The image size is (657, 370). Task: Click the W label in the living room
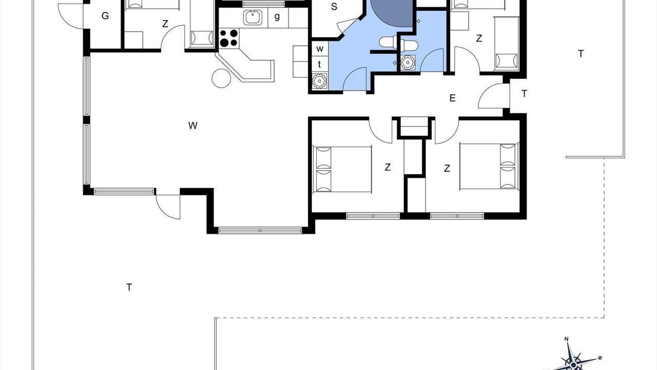pyautogui.click(x=192, y=126)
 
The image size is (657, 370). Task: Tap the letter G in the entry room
pyautogui.click(x=105, y=16)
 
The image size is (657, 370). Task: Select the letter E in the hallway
pyautogui.click(x=452, y=98)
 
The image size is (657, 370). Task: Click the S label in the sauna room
pyautogui.click(x=334, y=7)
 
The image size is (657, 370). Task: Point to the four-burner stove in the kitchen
pyautogui.click(x=229, y=39)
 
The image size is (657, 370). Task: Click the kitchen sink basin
pyautogui.click(x=253, y=17)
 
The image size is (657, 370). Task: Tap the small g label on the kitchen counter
pyautogui.click(x=277, y=16)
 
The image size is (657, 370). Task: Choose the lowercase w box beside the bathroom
pyautogui.click(x=320, y=48)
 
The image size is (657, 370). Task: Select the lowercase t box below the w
pyautogui.click(x=320, y=64)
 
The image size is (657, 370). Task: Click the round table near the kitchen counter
pyautogui.click(x=221, y=78)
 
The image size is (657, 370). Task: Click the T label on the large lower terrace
pyautogui.click(x=129, y=287)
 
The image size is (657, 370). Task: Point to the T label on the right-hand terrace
pyautogui.click(x=581, y=54)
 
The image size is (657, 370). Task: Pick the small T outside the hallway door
pyautogui.click(x=525, y=94)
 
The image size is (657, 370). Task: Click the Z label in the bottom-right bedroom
pyautogui.click(x=447, y=169)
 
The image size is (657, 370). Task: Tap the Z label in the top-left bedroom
pyautogui.click(x=165, y=24)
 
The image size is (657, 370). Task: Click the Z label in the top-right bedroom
pyautogui.click(x=479, y=39)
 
